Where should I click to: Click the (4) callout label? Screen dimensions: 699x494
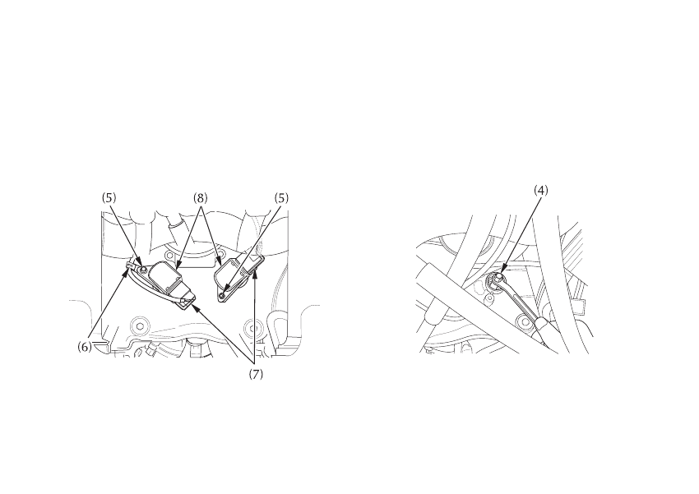(540, 190)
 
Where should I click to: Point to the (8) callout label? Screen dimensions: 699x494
(201, 198)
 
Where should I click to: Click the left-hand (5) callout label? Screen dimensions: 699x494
(109, 198)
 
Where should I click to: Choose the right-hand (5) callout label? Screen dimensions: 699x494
(283, 198)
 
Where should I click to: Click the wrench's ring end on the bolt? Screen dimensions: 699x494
(500, 282)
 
